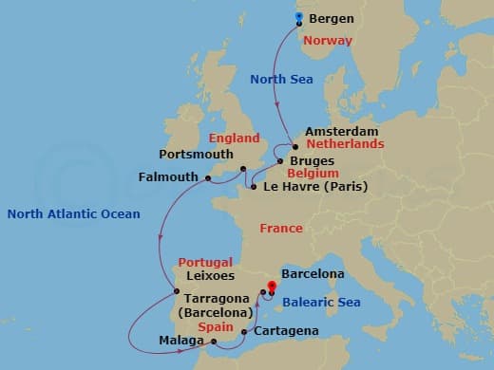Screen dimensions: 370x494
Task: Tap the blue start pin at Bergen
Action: tap(299, 18)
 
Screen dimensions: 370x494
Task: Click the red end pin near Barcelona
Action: tap(271, 286)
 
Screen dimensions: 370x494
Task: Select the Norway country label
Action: tap(327, 41)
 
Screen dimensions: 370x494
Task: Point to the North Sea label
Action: tap(281, 80)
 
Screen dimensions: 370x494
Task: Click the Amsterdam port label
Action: tap(342, 131)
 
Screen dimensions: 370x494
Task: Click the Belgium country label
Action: tap(314, 175)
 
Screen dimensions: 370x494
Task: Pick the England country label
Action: tap(235, 138)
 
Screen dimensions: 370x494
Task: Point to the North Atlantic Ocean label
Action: tap(73, 214)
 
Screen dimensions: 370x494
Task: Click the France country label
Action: tap(281, 229)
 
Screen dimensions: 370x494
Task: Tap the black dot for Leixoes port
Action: tap(176, 291)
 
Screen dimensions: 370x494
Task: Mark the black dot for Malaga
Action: tap(215, 342)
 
